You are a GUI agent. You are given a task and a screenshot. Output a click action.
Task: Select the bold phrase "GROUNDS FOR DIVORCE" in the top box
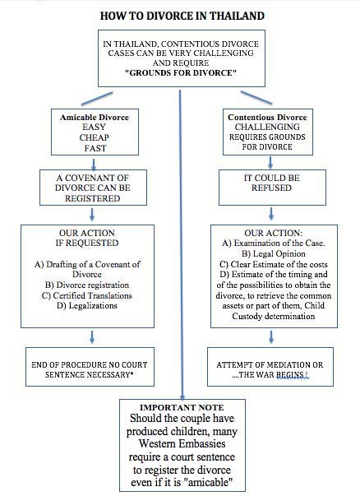(181, 72)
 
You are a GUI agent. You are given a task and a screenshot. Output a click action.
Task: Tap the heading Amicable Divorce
(95, 118)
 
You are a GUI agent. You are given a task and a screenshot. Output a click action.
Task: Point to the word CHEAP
(95, 137)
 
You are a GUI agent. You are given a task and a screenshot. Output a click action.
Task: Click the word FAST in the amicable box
(95, 148)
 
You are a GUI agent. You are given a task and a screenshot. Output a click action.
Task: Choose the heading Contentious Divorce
(267, 118)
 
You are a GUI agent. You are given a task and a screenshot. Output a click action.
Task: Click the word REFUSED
(271, 188)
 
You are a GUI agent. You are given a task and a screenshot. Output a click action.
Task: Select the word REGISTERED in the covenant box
(93, 198)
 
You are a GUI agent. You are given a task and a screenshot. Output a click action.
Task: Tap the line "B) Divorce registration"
(87, 285)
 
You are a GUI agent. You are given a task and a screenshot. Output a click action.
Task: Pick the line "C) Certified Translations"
(86, 295)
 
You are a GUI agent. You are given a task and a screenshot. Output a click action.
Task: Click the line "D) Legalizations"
(87, 305)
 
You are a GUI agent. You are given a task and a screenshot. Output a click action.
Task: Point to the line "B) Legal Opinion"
(274, 253)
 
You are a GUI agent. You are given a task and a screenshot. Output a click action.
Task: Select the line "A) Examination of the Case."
(274, 243)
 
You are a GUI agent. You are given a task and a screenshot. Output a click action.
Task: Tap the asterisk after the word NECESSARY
(132, 373)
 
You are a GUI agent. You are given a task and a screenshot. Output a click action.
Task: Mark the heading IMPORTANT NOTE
(182, 407)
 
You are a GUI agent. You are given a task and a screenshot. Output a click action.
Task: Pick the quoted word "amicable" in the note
(210, 482)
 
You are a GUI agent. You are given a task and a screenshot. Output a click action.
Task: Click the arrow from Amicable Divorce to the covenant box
(94, 165)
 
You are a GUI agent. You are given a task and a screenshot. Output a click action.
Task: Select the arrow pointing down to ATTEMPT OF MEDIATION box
(271, 337)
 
